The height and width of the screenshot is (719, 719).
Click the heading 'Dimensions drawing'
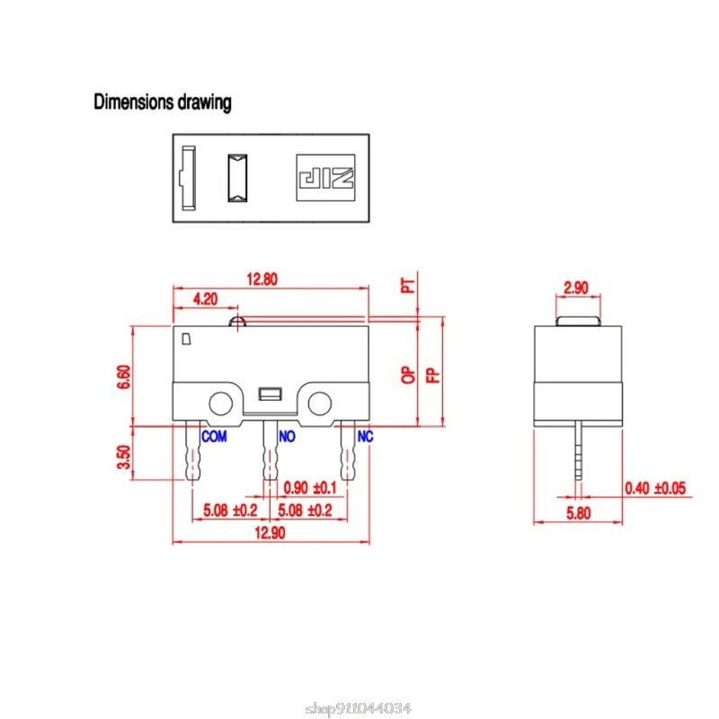pyautogui.click(x=163, y=102)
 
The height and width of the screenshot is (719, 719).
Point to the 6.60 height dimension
pyautogui.click(x=123, y=376)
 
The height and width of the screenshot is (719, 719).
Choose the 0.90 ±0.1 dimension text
pyautogui.click(x=310, y=488)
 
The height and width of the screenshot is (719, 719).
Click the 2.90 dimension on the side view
pyautogui.click(x=576, y=288)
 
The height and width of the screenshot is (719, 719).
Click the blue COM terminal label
pyautogui.click(x=214, y=437)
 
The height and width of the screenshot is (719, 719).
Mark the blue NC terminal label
pyautogui.click(x=366, y=437)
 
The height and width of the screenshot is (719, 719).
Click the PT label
pyautogui.click(x=409, y=286)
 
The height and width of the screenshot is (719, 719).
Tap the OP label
pyautogui.click(x=409, y=375)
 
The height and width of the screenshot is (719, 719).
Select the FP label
pyautogui.click(x=433, y=375)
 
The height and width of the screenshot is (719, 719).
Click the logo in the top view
pyautogui.click(x=325, y=174)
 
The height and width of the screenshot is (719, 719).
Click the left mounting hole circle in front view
pyautogui.click(x=220, y=402)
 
